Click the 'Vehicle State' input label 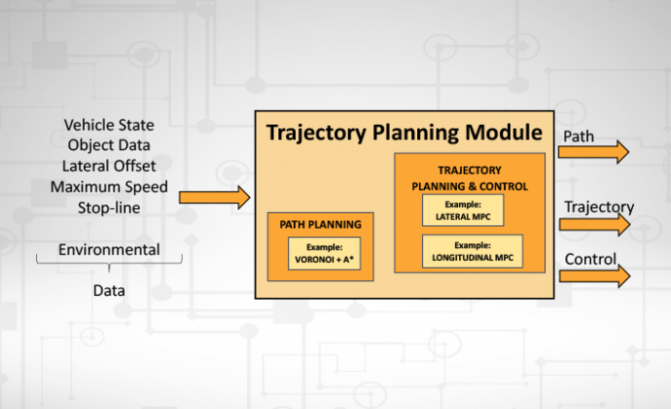click(x=109, y=125)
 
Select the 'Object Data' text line click(x=109, y=145)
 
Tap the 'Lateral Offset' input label click(x=109, y=166)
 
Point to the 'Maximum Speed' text click(x=109, y=187)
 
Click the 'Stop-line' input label click(x=109, y=208)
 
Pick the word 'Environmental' click(x=109, y=249)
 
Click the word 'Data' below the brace click(x=109, y=290)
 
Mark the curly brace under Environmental click(x=109, y=262)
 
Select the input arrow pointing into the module click(x=214, y=198)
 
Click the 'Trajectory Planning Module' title click(x=404, y=132)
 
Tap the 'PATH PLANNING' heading click(x=321, y=224)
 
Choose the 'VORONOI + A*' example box click(x=325, y=253)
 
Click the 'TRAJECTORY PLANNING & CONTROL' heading click(x=470, y=178)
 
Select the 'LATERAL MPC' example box click(x=463, y=210)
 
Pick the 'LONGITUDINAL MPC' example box click(x=473, y=251)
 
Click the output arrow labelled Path click(x=593, y=152)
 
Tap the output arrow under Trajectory click(x=594, y=224)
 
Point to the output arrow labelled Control click(x=594, y=277)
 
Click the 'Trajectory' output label click(x=599, y=207)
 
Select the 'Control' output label click(x=590, y=259)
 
